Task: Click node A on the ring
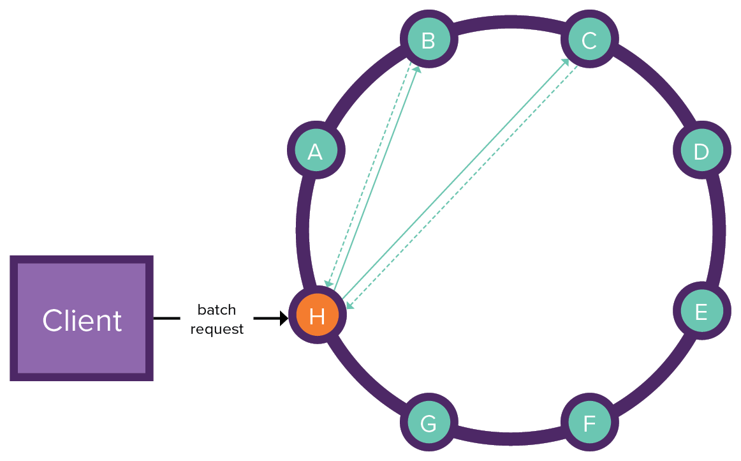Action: [x=315, y=151]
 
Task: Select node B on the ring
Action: [x=429, y=40]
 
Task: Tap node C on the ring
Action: [x=589, y=40]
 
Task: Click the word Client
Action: [x=82, y=321]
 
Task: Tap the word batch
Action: [x=217, y=310]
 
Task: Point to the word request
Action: [x=217, y=329]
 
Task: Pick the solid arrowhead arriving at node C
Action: [x=566, y=62]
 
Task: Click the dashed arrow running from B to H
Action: [x=369, y=172]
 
